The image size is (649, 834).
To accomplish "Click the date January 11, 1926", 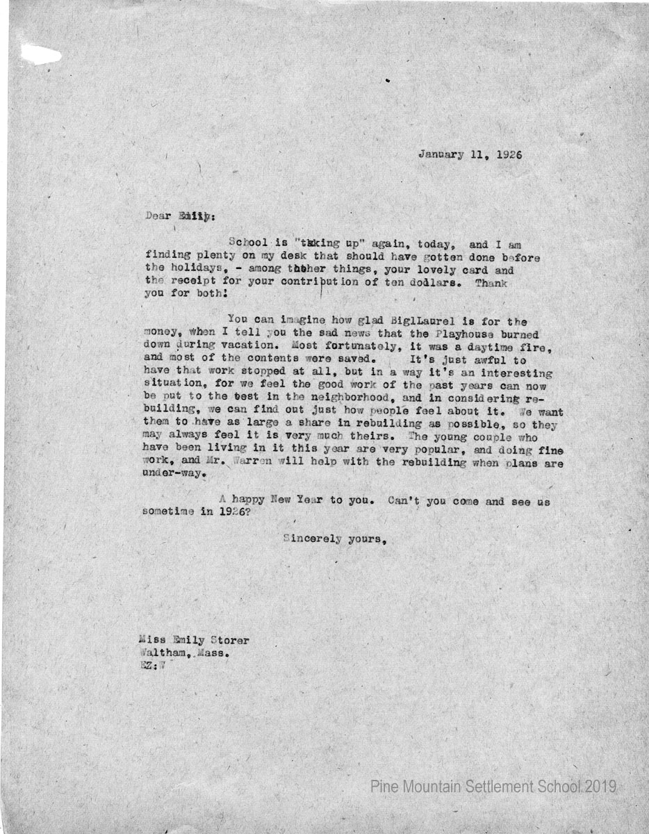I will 470,154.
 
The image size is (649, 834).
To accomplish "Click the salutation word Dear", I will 158,215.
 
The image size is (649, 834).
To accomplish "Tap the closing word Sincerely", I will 311,540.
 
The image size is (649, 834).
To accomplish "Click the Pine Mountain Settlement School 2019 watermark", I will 493,787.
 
